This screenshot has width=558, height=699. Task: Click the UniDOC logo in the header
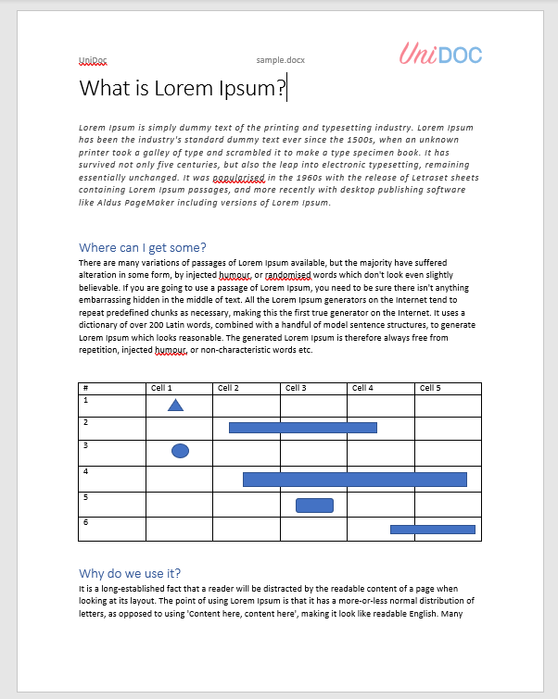point(440,54)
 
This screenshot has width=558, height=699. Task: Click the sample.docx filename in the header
point(280,59)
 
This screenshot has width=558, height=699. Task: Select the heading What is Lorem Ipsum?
point(183,89)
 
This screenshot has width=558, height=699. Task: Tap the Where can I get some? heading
point(142,247)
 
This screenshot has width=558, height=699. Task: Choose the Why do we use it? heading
point(135,573)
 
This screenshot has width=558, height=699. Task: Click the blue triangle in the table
point(175,405)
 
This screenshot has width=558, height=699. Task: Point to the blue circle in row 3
point(180,450)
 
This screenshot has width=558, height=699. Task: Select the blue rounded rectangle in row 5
point(314,505)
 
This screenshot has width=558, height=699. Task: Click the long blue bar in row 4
point(354,479)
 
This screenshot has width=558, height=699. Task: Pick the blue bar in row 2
point(302,428)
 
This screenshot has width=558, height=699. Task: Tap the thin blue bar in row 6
point(432,530)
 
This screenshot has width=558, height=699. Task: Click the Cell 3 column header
point(296,388)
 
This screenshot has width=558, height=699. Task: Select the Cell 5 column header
point(430,388)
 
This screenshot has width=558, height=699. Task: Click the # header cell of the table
point(85,388)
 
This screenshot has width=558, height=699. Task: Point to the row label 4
point(85,471)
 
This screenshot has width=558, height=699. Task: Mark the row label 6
point(85,522)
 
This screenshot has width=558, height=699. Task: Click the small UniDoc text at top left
point(93,59)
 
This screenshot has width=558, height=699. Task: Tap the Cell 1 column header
point(161,388)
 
